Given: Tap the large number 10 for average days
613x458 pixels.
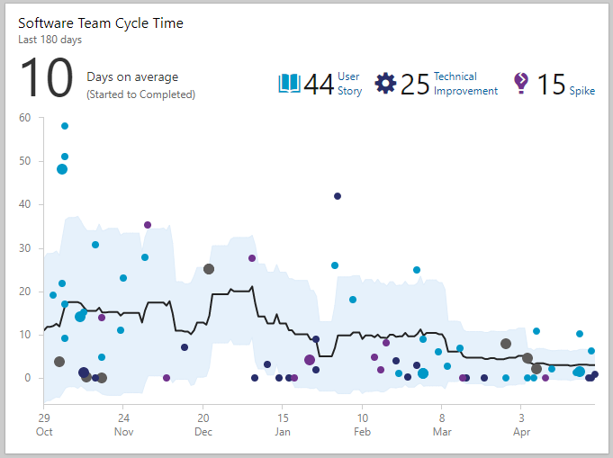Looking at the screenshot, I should (x=46, y=78).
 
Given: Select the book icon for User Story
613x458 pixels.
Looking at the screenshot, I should (x=289, y=84).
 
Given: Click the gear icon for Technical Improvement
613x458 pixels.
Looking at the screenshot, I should (x=385, y=84).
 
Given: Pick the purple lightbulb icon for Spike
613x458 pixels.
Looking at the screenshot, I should (x=520, y=84).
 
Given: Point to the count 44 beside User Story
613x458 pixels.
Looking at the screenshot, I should (x=319, y=85).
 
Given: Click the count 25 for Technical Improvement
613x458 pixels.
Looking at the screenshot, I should (x=415, y=85).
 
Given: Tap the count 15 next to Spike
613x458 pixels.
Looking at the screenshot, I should (x=551, y=85).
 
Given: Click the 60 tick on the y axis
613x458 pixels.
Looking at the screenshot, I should (x=24, y=118).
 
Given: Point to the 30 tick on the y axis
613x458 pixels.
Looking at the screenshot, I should (x=24, y=248).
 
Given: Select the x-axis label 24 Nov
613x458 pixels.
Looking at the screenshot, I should (x=123, y=425).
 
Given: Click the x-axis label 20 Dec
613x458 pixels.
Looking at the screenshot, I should (x=203, y=425).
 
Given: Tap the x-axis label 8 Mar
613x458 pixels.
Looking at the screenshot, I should (x=442, y=425).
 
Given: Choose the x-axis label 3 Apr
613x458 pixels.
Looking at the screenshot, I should (x=521, y=425).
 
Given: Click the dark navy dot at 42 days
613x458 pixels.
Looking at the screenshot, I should (x=338, y=196).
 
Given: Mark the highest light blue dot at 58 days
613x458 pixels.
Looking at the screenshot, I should (x=65, y=126).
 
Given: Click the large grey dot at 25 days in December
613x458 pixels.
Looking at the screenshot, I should (x=209, y=269).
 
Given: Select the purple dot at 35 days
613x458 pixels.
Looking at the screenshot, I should (x=148, y=225).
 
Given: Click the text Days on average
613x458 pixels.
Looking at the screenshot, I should (x=132, y=77).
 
